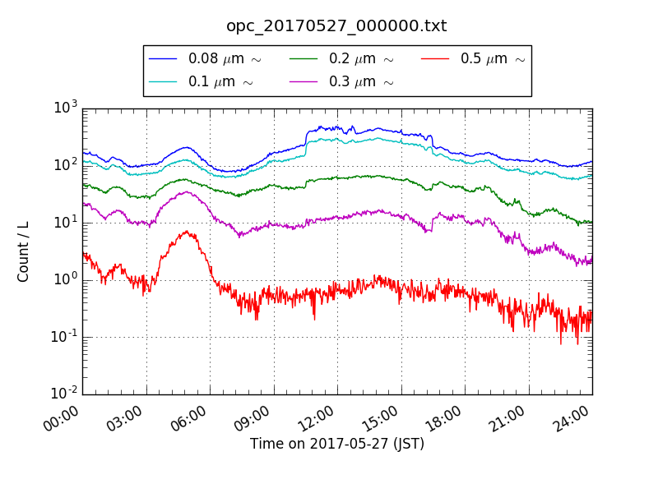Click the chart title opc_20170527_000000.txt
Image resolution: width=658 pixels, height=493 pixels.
[336, 26]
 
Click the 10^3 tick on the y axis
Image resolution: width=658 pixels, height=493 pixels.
[66, 107]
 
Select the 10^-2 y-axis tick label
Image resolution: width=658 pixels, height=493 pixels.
[64, 394]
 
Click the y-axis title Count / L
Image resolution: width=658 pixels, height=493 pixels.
[24, 251]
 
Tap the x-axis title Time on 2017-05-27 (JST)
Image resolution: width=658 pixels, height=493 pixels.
[336, 445]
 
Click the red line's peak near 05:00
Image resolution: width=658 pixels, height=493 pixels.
[188, 232]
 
